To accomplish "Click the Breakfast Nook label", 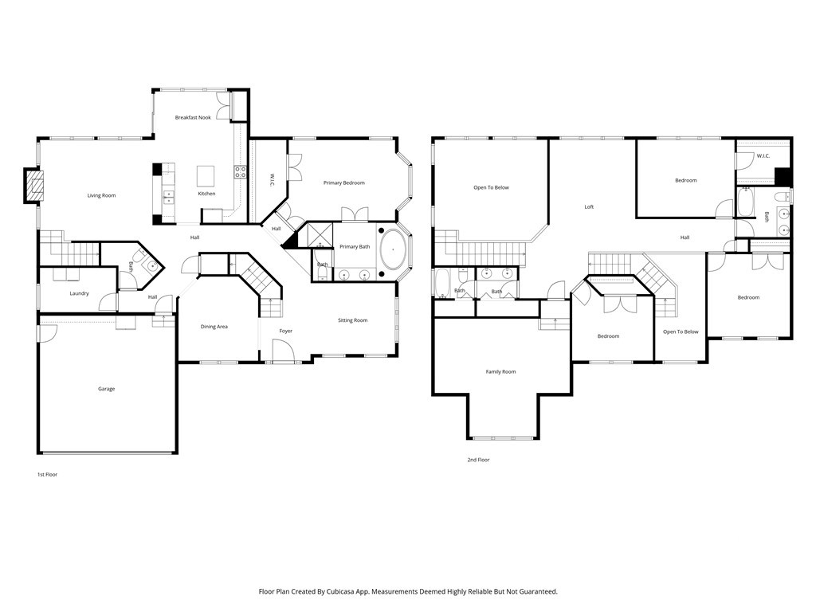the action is pos(193,118).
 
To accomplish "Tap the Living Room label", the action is pos(101,196).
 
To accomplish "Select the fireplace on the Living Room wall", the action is pos(33,185).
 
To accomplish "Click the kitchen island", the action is pos(206,176).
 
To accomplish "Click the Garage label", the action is pos(106,389).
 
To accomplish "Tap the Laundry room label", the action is pos(79,293).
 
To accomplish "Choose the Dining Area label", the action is pos(214,327).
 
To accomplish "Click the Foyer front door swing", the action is pos(284,349).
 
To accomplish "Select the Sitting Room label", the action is pos(353,320).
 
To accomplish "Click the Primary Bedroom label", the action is pos(344,183).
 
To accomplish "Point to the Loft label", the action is pos(589,207).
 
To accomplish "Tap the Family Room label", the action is pos(500,372).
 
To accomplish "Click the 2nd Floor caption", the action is pos(478,460).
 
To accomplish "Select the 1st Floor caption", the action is pos(47,475).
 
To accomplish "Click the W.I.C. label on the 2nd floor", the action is pos(763,156).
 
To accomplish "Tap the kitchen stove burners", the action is pos(240,172).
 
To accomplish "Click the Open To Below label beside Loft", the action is pos(491,188).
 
